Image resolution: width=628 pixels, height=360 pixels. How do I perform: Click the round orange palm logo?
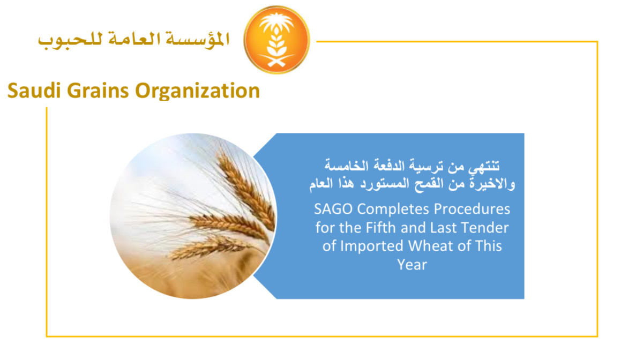pyautogui.click(x=276, y=40)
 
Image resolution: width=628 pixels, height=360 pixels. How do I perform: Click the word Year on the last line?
pyautogui.click(x=412, y=264)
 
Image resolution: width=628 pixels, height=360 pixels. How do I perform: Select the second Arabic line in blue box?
pyautogui.click(x=412, y=184)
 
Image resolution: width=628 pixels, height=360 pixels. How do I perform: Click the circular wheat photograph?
pyautogui.click(x=193, y=216)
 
